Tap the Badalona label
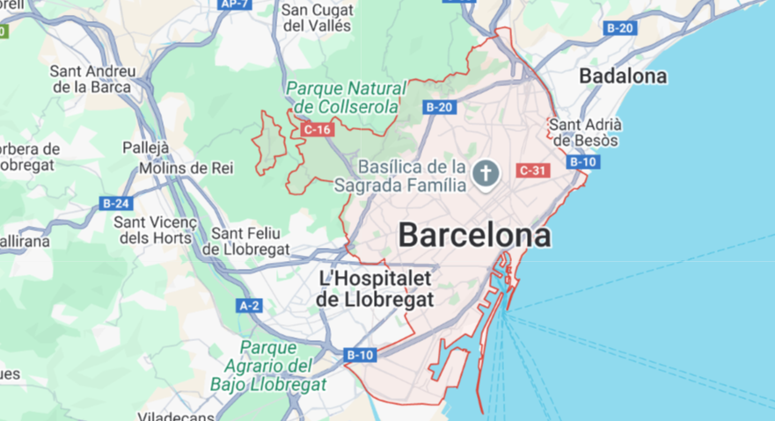(623, 76)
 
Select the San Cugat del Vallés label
(317, 18)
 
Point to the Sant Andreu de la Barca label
(93, 78)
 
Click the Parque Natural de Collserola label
(347, 98)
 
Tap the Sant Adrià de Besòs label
(585, 132)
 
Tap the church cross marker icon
(485, 173)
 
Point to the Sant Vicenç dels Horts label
(152, 229)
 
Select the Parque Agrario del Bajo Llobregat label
(268, 365)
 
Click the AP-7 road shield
(235, 4)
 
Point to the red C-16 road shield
(316, 130)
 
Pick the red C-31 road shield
(534, 171)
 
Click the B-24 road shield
(116, 204)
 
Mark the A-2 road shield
(250, 306)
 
